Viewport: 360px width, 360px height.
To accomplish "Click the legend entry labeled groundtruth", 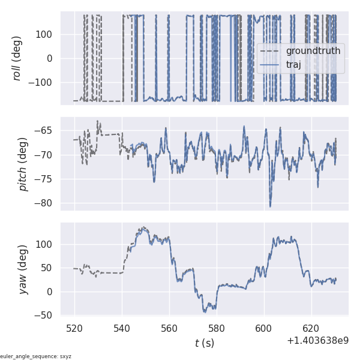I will coord(313,51).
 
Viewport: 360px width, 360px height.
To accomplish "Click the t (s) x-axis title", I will coord(204,343).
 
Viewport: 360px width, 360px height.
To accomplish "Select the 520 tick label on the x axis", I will coord(75,328).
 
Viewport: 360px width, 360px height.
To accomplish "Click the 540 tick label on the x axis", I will coord(122,328).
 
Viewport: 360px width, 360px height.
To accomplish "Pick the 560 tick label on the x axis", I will coord(169,328).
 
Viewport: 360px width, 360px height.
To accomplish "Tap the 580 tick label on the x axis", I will coord(217,328).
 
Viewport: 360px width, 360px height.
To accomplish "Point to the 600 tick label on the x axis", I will coord(263,328).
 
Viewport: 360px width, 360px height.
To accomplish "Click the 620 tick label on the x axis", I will coord(311,328).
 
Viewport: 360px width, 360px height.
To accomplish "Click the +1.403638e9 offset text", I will coord(317,341).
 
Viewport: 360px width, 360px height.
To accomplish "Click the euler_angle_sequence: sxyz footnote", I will coord(36,356).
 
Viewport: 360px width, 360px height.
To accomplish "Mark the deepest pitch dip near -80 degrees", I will coord(270,206).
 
